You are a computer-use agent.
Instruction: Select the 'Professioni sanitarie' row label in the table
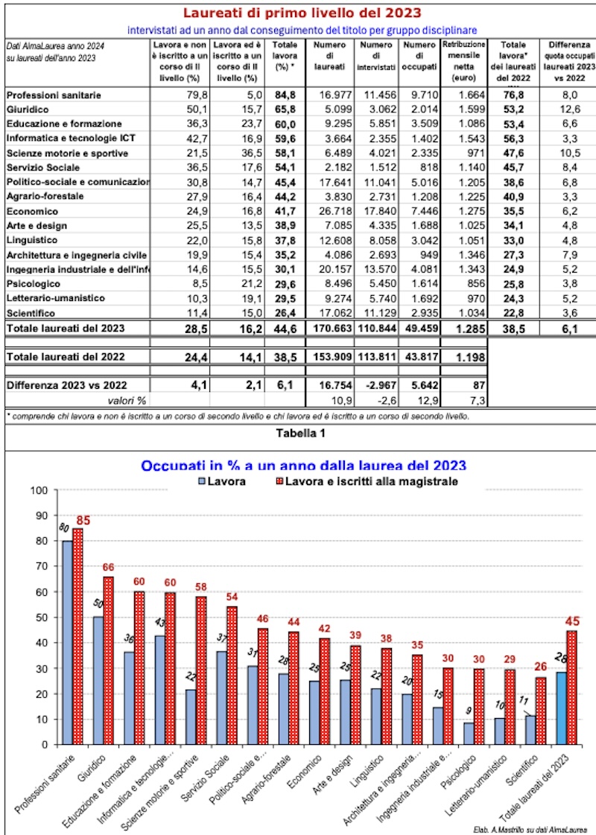54,95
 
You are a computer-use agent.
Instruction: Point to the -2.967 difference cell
377,386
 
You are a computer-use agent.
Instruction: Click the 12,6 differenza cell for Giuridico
568,109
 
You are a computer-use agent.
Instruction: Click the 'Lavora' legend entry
218,482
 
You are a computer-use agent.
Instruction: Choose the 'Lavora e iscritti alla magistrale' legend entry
364,482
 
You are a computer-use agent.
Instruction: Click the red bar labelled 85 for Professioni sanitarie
78,637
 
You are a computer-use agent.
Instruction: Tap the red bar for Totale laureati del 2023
571,687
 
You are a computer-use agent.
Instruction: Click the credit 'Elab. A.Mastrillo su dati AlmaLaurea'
530,828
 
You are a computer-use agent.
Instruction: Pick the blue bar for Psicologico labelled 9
468,733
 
